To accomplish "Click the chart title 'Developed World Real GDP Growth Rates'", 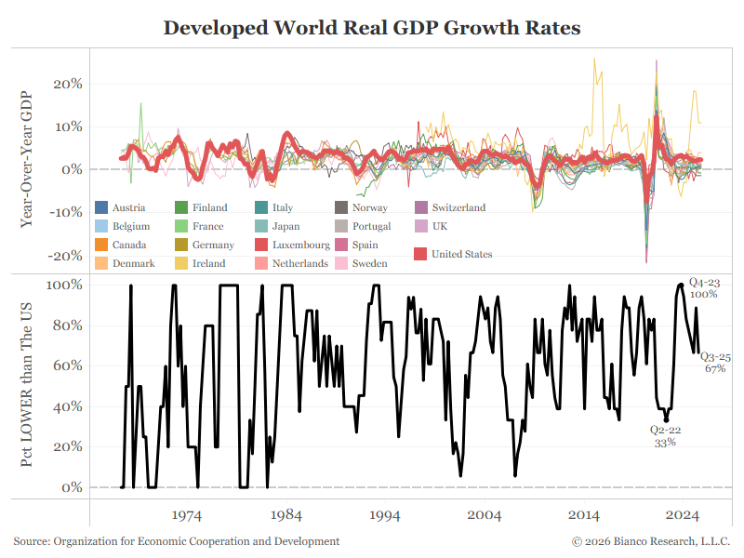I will (372, 28).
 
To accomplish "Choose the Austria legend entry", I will (122, 207).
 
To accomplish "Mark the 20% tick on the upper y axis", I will (70, 83).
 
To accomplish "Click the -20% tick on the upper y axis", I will (67, 256).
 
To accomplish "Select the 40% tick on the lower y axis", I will (70, 406).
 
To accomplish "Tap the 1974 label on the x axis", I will (187, 514).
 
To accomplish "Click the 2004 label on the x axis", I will (485, 514).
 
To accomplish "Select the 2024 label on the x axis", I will (684, 514).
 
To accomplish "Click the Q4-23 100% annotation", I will (703, 288).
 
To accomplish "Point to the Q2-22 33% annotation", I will (664, 436).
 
